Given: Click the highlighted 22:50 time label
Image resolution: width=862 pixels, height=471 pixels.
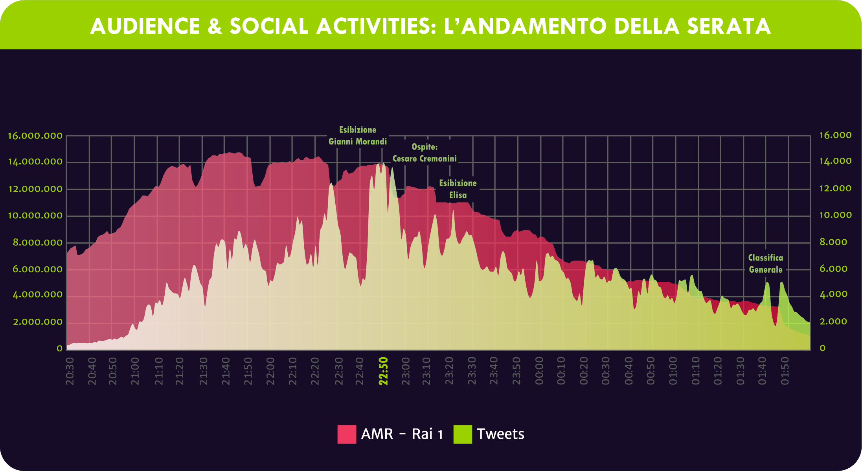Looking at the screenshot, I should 383,371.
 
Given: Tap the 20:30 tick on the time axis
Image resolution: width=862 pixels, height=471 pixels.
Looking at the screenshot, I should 70,371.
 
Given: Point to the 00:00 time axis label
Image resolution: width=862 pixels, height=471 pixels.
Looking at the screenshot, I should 539,371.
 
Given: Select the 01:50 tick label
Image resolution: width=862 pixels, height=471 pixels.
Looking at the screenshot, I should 785,371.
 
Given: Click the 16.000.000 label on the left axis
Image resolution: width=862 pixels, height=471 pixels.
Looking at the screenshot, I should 35,136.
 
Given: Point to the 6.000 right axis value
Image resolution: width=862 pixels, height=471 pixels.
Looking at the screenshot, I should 833,269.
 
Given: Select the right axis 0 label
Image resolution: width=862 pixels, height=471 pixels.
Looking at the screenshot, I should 822,348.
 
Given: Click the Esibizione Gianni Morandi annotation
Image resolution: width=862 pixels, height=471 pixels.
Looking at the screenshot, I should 357,136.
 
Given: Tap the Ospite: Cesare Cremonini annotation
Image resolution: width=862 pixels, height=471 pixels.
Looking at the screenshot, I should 425,153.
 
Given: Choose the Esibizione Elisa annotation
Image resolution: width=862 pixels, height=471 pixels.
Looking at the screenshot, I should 458,189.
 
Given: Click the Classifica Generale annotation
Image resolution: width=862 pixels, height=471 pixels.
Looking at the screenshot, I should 765,264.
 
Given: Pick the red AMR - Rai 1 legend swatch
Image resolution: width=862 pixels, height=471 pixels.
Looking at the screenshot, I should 347,434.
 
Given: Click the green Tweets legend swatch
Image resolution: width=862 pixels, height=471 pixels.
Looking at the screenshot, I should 463,434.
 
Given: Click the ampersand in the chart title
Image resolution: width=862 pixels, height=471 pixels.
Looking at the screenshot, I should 215,26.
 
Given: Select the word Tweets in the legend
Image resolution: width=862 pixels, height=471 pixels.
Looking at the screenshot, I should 500,434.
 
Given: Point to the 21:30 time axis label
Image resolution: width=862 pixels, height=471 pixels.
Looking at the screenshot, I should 203,371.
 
